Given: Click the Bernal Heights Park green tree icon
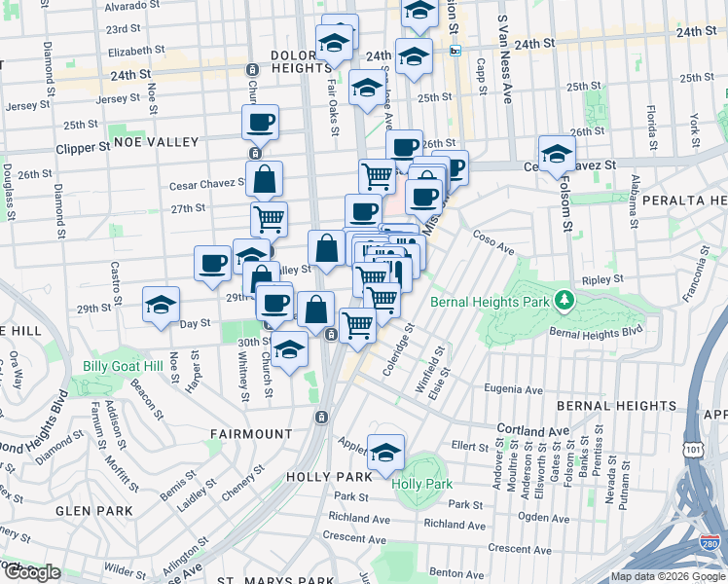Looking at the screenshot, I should tap(563, 298).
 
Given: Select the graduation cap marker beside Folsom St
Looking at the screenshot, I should tap(558, 153).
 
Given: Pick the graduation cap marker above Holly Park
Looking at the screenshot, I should tap(386, 452).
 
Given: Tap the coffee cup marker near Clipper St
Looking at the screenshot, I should tap(261, 122).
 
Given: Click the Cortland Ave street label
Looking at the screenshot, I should tap(531, 429).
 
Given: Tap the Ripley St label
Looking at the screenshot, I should tap(602, 279).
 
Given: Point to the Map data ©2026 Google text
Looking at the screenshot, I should tap(669, 576).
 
